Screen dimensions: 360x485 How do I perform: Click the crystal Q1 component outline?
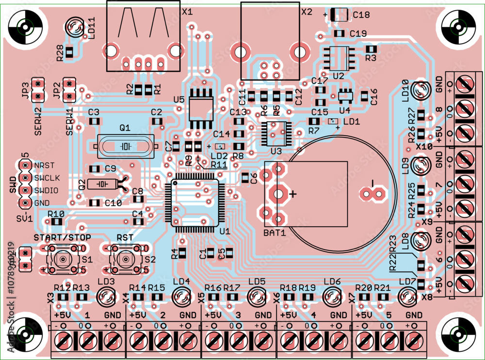tap(125, 146)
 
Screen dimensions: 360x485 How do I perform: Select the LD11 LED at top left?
tap(75, 26)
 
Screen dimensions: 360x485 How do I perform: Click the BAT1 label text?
tap(274, 233)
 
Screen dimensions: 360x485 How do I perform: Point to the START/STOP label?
tap(62, 237)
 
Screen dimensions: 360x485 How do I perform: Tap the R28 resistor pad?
tap(69, 52)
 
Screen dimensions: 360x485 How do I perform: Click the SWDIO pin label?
tap(46, 190)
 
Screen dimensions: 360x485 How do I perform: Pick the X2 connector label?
tap(307, 11)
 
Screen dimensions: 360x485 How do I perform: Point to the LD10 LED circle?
tap(420, 90)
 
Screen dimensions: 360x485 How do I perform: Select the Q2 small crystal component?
tap(102, 184)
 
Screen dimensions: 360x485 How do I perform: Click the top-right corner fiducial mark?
tap(458, 26)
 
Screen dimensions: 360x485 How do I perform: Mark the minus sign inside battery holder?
tap(373, 182)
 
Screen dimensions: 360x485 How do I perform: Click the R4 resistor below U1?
tap(182, 252)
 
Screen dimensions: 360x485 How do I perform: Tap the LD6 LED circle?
tap(333, 296)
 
